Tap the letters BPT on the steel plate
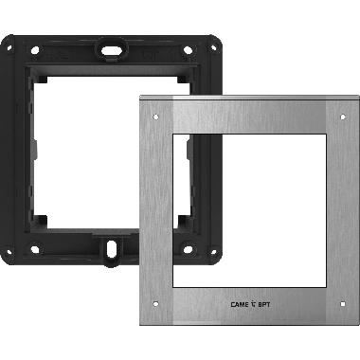pos(268,305)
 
